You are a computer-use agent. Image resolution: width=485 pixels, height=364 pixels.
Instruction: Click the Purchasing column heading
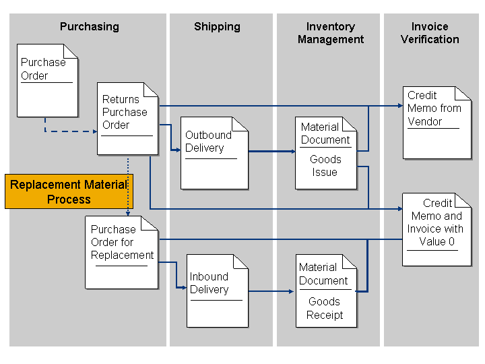pos(89,27)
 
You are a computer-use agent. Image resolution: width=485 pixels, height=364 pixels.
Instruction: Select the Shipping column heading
pos(217,27)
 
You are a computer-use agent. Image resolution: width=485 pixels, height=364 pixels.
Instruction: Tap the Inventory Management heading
pos(330,33)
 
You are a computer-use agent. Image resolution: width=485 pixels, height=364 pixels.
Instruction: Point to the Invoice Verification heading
pos(430,33)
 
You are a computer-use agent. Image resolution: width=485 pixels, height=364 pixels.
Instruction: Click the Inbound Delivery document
pos(217,291)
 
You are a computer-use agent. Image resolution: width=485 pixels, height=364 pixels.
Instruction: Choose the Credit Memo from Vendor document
pos(437,122)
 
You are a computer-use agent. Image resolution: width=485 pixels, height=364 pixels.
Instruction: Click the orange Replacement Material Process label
pos(69,191)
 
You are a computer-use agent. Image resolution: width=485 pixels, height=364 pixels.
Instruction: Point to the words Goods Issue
pos(325,166)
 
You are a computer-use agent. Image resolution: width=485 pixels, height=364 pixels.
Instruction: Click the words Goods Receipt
pos(325,308)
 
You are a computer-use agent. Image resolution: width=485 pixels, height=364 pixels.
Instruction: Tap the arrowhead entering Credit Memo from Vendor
pos(399,106)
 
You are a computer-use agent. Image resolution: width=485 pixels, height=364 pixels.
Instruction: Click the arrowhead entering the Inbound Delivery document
pos(183,288)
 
